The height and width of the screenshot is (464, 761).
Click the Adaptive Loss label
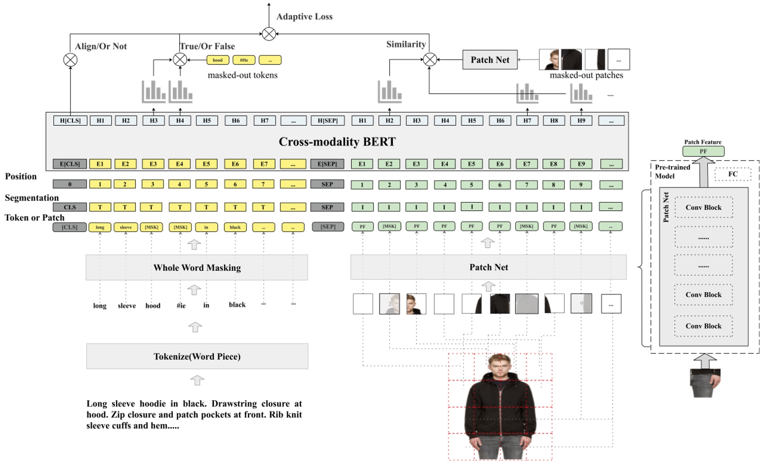[304, 17]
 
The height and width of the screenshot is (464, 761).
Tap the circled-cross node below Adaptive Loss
[269, 34]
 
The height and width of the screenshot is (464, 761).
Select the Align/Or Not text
[101, 46]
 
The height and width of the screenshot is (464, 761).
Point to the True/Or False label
[207, 46]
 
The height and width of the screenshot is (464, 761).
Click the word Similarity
[406, 44]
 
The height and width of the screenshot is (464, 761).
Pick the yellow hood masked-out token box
[218, 60]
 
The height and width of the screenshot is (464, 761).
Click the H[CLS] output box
[70, 120]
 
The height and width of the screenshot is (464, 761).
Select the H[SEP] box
[327, 120]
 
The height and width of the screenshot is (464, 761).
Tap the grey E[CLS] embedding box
[70, 164]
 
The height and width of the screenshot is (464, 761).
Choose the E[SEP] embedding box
[327, 164]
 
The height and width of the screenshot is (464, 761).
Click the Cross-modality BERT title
[337, 142]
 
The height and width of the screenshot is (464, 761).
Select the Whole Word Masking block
[197, 267]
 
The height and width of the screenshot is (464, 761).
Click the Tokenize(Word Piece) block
[197, 356]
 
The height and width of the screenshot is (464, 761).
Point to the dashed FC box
[733, 174]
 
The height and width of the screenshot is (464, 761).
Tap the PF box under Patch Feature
[703, 151]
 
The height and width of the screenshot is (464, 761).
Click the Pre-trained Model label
[672, 171]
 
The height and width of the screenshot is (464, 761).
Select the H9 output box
[581, 120]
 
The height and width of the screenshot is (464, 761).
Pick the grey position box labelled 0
[70, 184]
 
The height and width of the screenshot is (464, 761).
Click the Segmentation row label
[32, 198]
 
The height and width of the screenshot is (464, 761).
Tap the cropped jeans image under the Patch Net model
[705, 383]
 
